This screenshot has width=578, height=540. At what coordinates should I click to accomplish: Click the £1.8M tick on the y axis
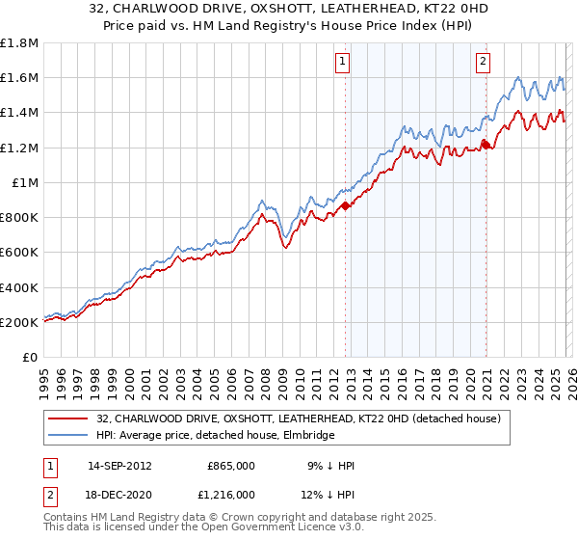[18, 43]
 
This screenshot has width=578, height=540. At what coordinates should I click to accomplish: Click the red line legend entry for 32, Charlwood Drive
[298, 419]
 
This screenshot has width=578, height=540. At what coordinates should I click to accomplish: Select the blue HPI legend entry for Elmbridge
[215, 436]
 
